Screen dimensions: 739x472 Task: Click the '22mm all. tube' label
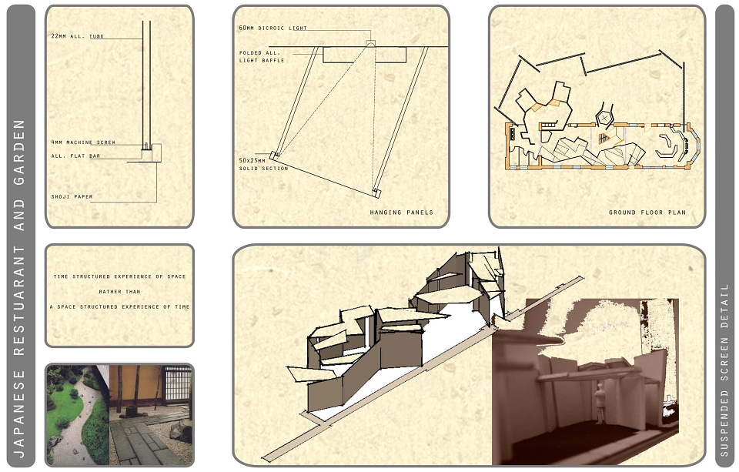[77, 36]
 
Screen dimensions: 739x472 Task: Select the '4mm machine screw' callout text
[83, 142]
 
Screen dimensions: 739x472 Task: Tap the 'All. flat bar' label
[75, 156]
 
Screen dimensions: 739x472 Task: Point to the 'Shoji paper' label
[72, 196]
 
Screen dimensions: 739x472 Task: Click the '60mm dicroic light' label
[273, 28]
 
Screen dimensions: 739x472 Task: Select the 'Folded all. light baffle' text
[262, 56]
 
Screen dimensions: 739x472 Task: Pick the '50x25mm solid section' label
[263, 165]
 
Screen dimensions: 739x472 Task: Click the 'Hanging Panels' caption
[401, 213]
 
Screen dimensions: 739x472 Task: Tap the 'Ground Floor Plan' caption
[647, 213]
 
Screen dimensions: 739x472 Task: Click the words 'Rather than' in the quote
[120, 292]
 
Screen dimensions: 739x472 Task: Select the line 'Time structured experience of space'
[120, 276]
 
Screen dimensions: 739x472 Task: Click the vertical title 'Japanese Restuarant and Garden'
[19, 289]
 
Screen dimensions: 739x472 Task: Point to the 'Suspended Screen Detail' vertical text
[725, 370]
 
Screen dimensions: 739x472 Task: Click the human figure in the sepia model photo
[600, 403]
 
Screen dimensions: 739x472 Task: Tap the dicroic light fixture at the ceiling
[371, 44]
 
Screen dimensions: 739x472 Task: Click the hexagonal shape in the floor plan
[604, 117]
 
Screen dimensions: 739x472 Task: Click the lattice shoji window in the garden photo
[178, 383]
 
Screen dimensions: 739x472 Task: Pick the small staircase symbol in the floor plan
[604, 139]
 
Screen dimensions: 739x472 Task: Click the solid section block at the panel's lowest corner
[376, 192]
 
